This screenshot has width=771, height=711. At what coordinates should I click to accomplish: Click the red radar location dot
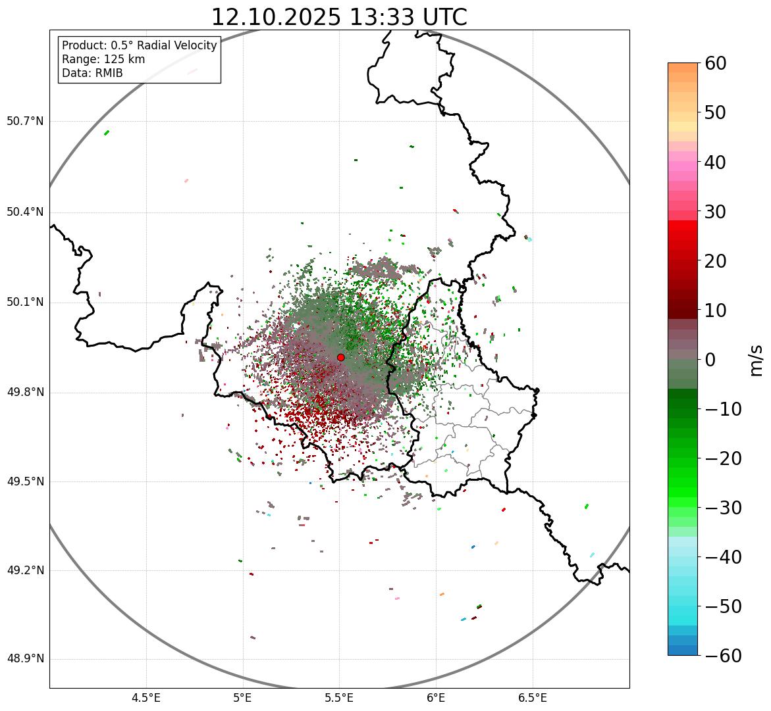coord(341,357)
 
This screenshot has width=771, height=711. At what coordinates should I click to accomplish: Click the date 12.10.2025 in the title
coord(276,17)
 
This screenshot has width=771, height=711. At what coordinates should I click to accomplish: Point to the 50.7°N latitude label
coord(25,121)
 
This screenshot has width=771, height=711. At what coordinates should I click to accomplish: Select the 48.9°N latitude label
coord(25,659)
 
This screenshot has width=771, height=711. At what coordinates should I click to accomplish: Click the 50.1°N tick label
coord(25,303)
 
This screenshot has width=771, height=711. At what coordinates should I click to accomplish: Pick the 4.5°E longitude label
coord(146,697)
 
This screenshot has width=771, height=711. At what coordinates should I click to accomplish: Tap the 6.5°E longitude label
coord(532,697)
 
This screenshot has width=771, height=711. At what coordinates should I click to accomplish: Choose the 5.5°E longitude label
coord(339,697)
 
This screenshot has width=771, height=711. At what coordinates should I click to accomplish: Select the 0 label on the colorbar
coord(710,360)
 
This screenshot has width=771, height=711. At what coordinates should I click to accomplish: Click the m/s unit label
coord(757,360)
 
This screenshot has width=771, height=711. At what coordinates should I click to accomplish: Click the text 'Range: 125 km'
coord(103,59)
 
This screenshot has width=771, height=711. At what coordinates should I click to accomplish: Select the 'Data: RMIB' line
coord(92,73)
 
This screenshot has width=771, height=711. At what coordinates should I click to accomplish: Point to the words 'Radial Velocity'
coord(177,45)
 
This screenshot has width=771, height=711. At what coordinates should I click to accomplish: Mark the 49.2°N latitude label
coord(25,570)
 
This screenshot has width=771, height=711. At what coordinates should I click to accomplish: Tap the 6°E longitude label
coord(435,697)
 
